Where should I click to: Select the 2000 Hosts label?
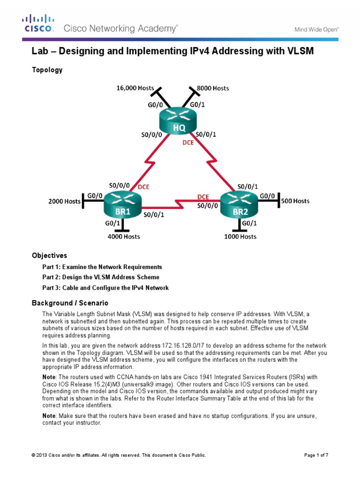pos(65,202)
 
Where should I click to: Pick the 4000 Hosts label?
pos(123,236)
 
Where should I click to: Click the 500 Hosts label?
pos(295,201)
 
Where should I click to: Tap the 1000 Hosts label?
pos(240,236)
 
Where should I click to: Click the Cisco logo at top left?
pos(38,23)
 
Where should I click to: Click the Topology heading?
pos(47,70)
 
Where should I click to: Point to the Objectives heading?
pos(49,255)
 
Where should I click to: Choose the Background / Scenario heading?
pos(70,303)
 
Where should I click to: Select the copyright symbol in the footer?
pos(33,455)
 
